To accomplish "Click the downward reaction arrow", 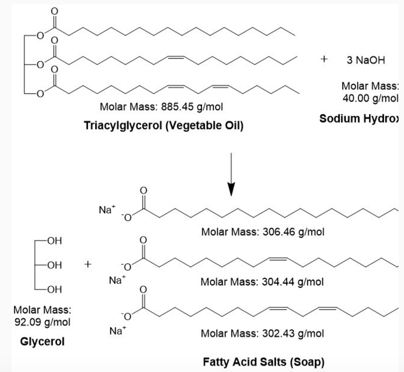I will pos(231,175).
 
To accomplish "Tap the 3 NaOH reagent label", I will pos(366,61).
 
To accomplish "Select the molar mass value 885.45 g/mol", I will pos(162,107).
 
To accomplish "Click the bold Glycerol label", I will pos(42,342).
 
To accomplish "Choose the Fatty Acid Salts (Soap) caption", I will pos(263,361).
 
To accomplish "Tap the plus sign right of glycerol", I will pos(88,264).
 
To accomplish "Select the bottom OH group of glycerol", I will pos(54,290).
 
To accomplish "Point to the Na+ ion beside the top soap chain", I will pos(106,209).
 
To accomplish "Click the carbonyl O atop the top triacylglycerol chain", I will pos(54,10).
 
